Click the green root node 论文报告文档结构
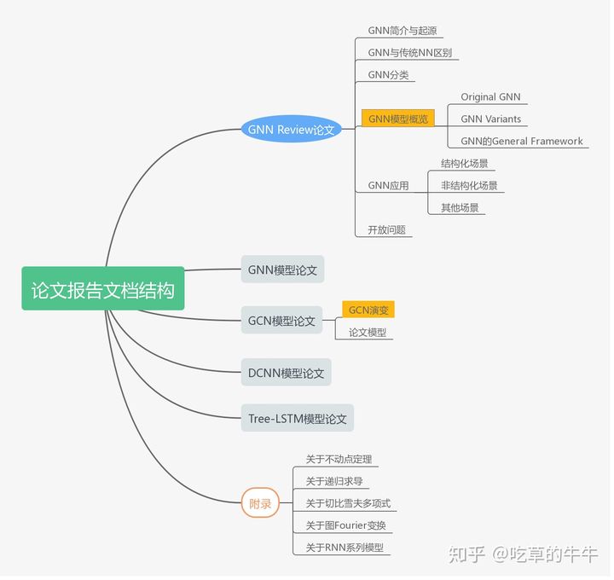click(x=102, y=290)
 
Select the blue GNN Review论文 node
click(x=291, y=130)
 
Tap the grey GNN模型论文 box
click(x=282, y=270)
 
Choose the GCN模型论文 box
click(x=281, y=321)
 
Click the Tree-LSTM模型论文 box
click(x=297, y=419)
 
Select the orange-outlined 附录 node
click(x=260, y=504)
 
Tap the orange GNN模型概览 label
click(x=398, y=119)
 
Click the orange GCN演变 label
click(x=368, y=310)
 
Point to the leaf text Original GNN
click(x=490, y=97)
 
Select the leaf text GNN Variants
click(x=490, y=119)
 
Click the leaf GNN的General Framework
click(x=521, y=141)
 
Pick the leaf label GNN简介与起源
click(x=404, y=31)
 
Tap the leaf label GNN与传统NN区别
click(x=409, y=53)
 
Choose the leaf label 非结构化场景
click(x=469, y=185)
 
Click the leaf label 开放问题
click(x=386, y=229)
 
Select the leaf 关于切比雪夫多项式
click(x=348, y=503)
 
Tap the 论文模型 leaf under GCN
click(x=367, y=333)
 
